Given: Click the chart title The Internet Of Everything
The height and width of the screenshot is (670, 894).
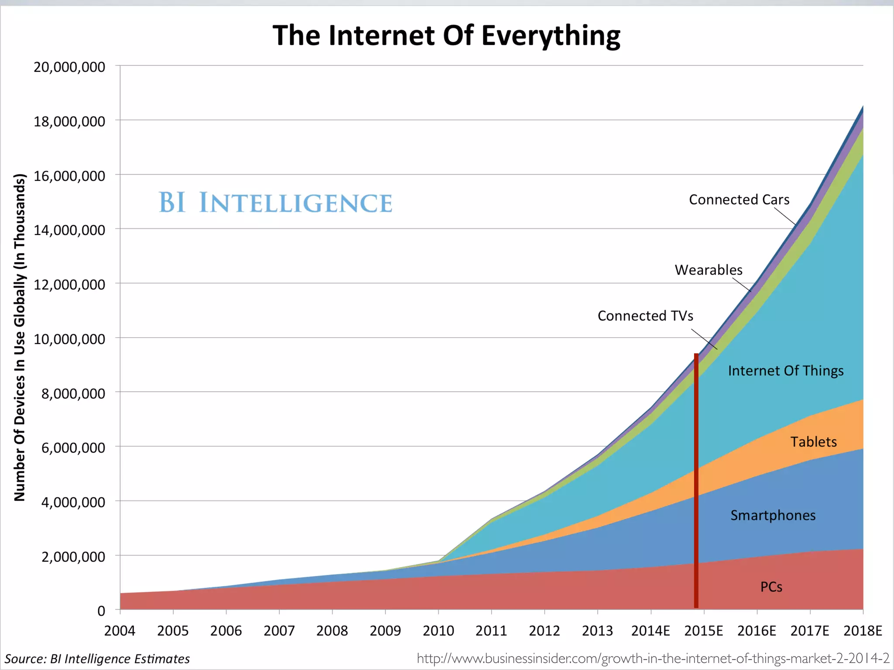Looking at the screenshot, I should tap(446, 36).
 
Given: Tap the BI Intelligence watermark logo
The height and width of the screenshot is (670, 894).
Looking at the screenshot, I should tap(275, 203).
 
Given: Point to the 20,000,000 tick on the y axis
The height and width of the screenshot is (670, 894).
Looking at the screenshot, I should tap(69, 67).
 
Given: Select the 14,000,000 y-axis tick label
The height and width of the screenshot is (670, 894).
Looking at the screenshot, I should tap(69, 230).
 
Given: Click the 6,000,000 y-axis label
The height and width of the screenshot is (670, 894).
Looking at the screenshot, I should tap(73, 448).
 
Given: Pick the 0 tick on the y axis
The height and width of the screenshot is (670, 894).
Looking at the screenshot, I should tap(101, 611).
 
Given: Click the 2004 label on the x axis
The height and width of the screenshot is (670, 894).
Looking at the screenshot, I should tap(120, 631).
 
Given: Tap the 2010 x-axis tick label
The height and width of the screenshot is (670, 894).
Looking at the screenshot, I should tap(438, 631).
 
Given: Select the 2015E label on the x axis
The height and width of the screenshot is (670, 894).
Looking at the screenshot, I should tap(703, 631).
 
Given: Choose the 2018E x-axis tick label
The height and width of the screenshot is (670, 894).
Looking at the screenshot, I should tap(863, 631).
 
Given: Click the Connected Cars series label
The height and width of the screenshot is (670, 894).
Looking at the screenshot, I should tap(739, 200).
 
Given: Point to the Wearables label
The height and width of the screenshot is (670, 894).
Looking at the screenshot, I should tap(708, 270).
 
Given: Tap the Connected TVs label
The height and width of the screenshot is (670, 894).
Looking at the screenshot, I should tap(645, 316).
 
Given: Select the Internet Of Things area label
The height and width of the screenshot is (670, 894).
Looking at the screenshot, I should tap(786, 371).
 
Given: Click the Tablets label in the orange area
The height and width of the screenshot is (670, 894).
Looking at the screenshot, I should tap(814, 442).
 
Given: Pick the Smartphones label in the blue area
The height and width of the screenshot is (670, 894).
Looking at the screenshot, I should tap(773, 516).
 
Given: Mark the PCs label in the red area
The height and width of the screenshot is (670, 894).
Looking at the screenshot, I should tap(771, 587).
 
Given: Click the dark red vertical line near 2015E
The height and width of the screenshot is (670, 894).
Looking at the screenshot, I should tap(696, 480).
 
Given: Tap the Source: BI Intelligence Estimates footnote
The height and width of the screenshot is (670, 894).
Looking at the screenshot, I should tap(97, 659).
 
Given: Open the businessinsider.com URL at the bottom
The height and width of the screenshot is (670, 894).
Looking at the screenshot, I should tap(653, 658).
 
